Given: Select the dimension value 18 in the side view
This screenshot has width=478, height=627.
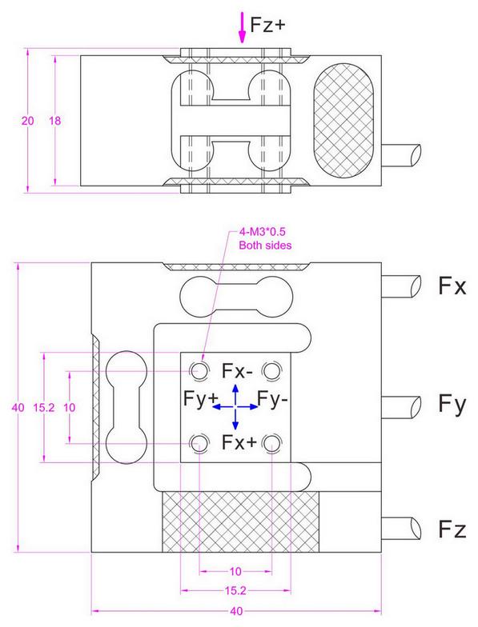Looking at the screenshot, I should coord(55,121).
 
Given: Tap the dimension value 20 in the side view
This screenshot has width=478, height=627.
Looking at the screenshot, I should coord(28,121).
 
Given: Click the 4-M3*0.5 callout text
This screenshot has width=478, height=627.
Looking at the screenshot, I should coord(263,233).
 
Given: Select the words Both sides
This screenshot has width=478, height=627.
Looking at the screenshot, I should coord(265,246).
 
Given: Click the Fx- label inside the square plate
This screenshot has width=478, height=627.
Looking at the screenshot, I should coord(237,371).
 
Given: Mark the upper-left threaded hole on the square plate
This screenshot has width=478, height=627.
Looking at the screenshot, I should coord(198,370).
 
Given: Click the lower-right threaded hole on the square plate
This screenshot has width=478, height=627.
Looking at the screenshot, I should coord(272,442).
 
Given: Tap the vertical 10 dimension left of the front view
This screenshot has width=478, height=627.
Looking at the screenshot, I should coord(69,407).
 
